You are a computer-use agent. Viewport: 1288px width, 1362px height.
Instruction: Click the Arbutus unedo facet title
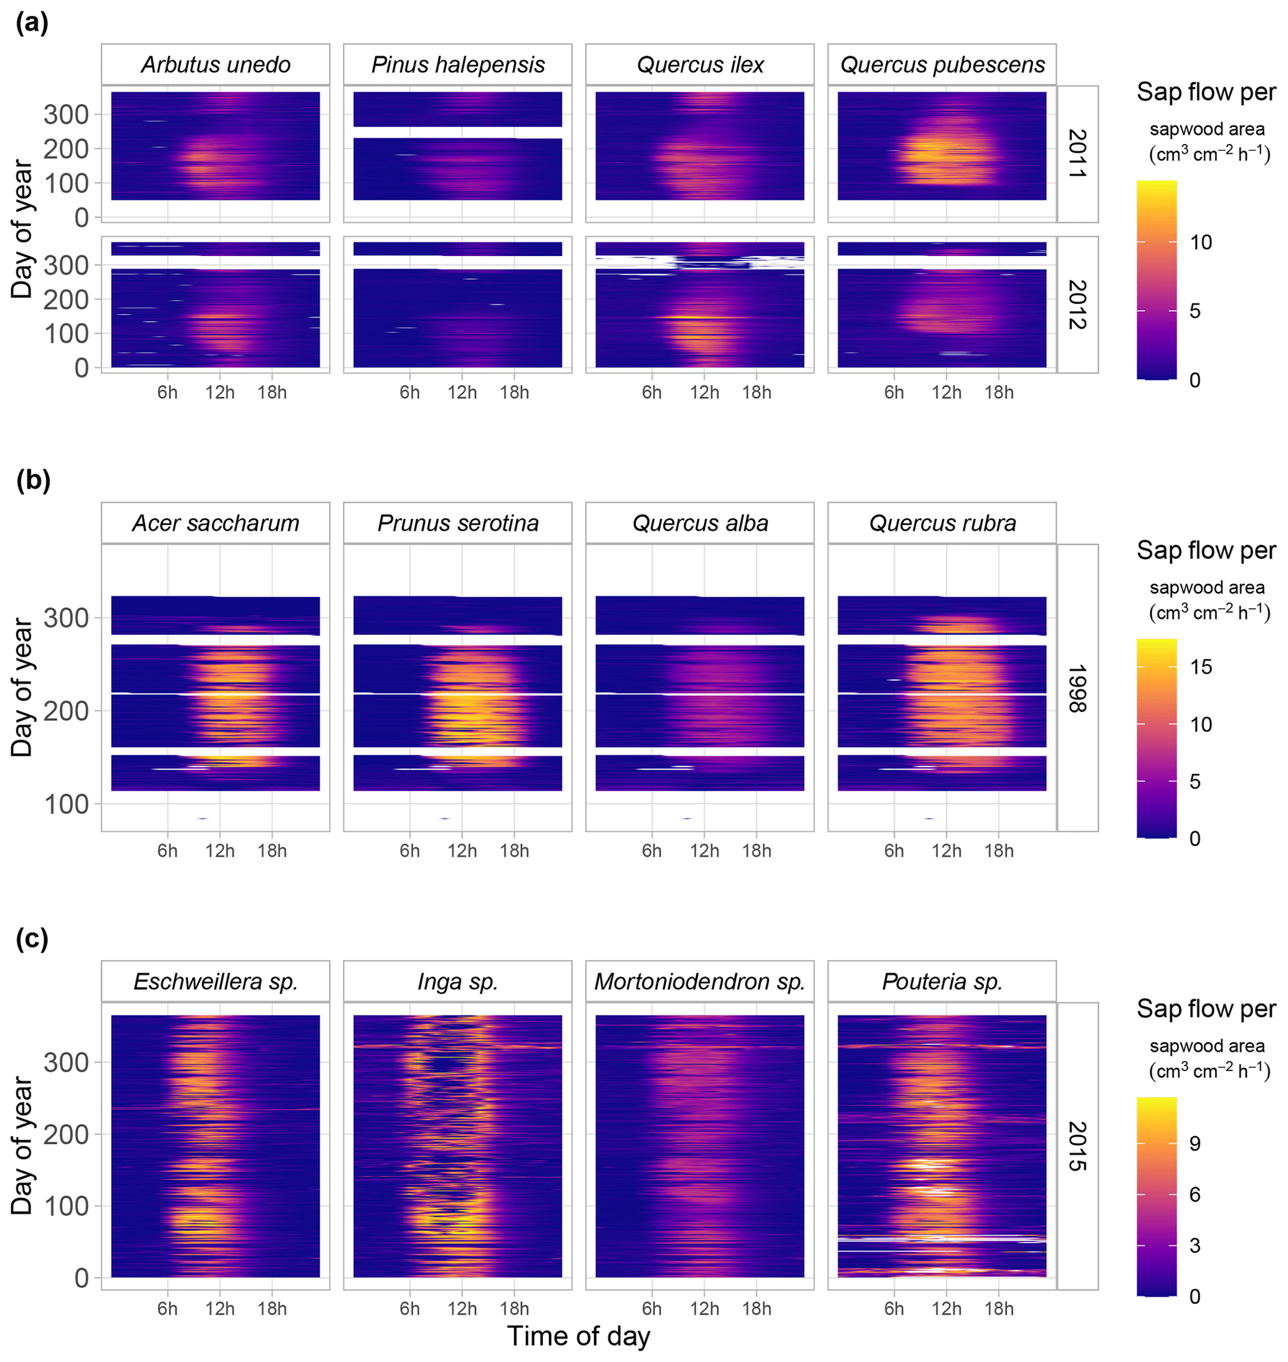pos(216,65)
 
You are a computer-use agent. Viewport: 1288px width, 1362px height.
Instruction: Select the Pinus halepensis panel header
pos(458,65)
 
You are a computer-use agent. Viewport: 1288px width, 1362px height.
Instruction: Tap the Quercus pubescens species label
pos(942,65)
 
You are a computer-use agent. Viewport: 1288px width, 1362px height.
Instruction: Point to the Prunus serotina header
pos(458,523)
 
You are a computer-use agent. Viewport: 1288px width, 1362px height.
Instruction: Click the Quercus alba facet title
pos(700,523)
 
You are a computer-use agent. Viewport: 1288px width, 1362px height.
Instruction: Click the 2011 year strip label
pos(1077,154)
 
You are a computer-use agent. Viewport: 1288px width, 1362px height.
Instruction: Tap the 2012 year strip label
pos(1077,305)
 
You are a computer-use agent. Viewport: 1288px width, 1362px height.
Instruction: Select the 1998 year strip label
pos(1077,688)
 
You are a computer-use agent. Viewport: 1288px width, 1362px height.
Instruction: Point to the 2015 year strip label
pos(1077,1146)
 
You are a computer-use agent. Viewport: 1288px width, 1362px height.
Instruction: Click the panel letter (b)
pos(33,480)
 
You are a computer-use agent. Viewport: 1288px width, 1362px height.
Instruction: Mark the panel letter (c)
pos(32,938)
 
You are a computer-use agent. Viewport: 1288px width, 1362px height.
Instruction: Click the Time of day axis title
pos(578,1336)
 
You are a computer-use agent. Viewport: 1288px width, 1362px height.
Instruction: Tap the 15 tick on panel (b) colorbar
pos(1201,667)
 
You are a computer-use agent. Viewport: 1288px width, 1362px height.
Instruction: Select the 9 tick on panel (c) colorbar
pos(1195,1143)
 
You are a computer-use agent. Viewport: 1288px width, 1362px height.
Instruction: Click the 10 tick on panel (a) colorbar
pos(1201,242)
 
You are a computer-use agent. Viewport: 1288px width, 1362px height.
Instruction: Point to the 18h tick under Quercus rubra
pos(998,850)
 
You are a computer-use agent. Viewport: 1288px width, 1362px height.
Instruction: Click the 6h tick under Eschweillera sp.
pos(168,1308)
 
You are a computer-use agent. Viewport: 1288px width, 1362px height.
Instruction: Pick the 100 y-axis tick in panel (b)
pos(66,804)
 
